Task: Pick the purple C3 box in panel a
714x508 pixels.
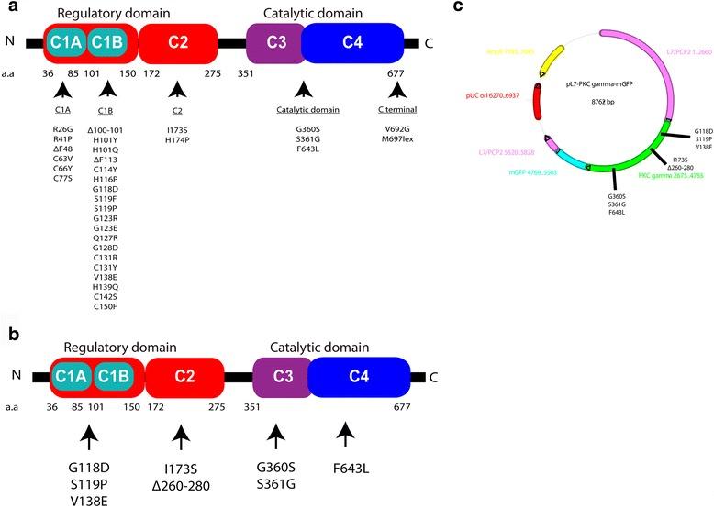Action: point(273,42)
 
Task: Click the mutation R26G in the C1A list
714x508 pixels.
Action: point(63,129)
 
